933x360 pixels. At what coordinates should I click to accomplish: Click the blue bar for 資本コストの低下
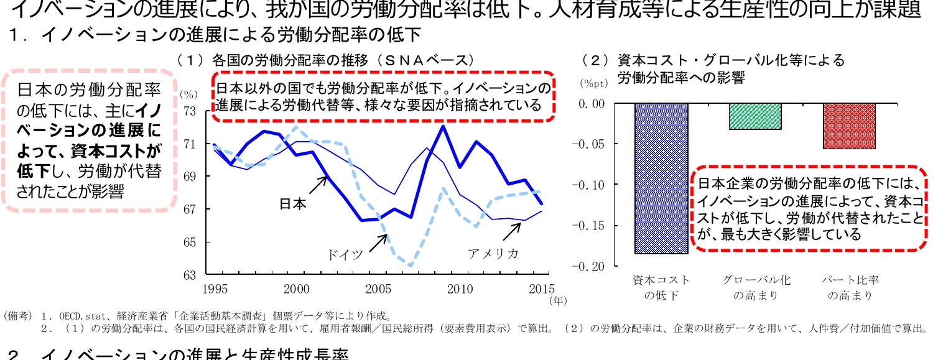(661, 178)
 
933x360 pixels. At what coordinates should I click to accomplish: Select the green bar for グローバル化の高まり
(754, 116)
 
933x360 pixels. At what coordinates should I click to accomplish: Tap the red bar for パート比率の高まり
(849, 126)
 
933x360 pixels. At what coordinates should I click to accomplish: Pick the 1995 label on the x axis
(215, 288)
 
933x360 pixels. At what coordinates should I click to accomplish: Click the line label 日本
(292, 204)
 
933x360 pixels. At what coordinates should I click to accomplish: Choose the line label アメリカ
(493, 254)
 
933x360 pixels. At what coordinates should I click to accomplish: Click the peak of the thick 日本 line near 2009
(443, 126)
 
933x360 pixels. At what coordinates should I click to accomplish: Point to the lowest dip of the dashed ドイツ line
(410, 265)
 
